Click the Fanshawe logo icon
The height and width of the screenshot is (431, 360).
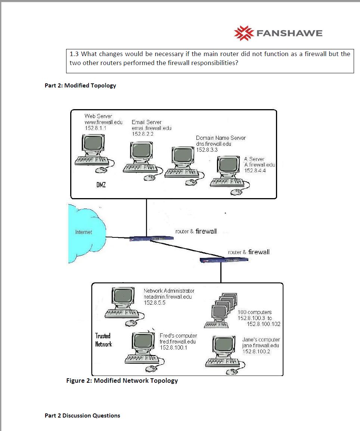click(243, 33)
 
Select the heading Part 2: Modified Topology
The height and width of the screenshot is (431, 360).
click(80, 86)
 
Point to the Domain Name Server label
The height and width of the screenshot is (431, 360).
click(221, 138)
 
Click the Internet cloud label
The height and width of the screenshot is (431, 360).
click(83, 232)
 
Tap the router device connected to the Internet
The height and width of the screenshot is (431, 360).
click(144, 238)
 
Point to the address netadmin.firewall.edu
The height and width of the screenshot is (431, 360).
click(168, 296)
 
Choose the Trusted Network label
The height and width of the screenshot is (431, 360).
click(103, 340)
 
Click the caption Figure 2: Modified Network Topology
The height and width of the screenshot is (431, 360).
click(122, 381)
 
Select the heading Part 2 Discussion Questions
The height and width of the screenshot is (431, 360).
click(82, 415)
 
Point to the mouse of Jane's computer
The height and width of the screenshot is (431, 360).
click(232, 372)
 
